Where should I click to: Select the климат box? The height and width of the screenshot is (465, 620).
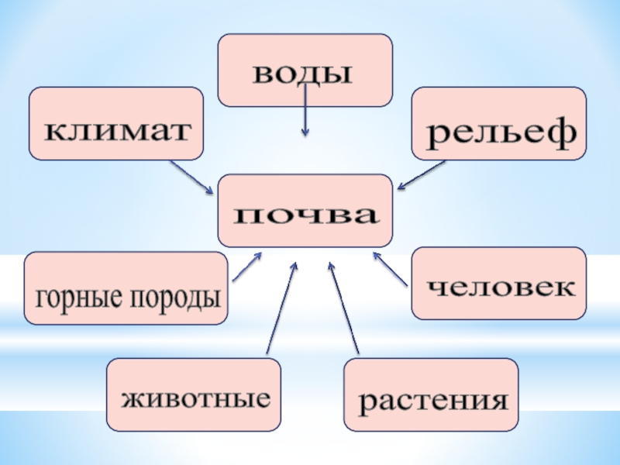coord(116,124)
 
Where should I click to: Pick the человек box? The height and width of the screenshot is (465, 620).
coord(498,284)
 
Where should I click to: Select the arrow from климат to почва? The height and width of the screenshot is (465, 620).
coord(192,177)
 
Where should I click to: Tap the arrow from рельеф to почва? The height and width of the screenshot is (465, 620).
coord(422,175)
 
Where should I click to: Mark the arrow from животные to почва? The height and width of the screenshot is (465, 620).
coord(281,310)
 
